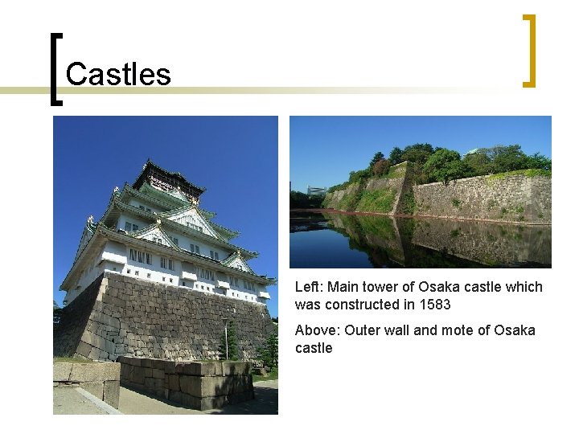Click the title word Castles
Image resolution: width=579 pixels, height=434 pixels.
[x=118, y=75]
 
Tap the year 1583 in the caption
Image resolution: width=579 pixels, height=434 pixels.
[x=434, y=305]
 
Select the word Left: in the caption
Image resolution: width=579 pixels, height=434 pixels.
[x=308, y=287]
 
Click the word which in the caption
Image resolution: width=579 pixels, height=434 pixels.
[x=524, y=287]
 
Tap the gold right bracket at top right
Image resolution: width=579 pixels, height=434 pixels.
[x=528, y=50]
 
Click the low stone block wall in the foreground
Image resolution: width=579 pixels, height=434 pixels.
[x=185, y=381]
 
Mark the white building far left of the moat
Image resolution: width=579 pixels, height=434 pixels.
[x=316, y=190]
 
